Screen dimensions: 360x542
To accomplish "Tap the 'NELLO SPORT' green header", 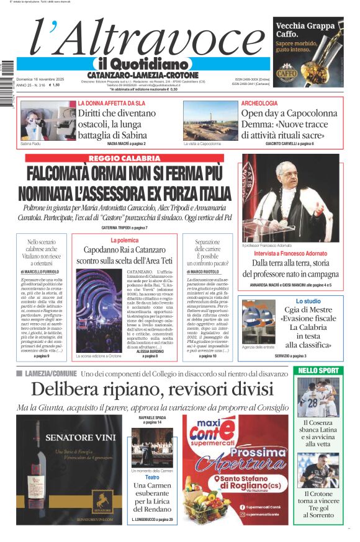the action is pyautogui.click(x=318, y=370).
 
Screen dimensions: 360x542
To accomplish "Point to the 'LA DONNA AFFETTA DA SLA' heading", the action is pyautogui.click(x=112, y=103).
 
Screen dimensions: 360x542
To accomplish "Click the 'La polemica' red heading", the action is pyautogui.click(x=124, y=239).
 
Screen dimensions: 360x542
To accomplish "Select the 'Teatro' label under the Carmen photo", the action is pyautogui.click(x=152, y=460).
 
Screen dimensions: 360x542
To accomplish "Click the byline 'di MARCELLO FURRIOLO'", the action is pyautogui.click(x=42, y=272).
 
